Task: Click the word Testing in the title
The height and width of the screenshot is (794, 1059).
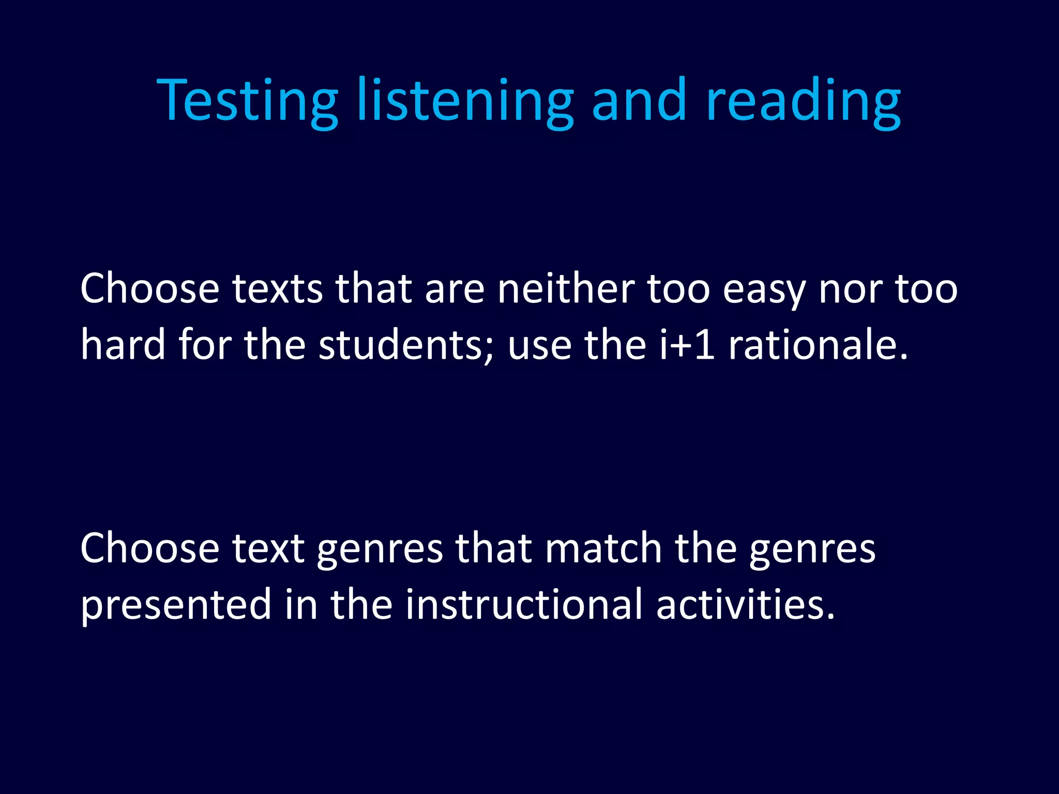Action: coord(247,101)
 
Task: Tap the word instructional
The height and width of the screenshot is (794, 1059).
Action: coord(523,604)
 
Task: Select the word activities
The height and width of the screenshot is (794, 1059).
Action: coord(745,604)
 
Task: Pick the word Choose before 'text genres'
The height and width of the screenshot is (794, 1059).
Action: coord(150,548)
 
